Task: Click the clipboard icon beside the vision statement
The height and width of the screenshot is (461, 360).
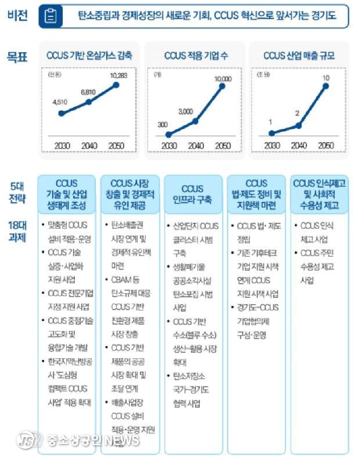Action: [x=51, y=17]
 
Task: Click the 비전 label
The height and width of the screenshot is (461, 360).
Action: [x=17, y=16]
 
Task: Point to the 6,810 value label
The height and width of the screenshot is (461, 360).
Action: [x=88, y=92]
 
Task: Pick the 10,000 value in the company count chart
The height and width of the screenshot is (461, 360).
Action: [x=222, y=78]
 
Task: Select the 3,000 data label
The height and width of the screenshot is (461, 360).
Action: [x=186, y=111]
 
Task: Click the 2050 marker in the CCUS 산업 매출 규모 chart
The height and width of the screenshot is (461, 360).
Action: [x=326, y=86]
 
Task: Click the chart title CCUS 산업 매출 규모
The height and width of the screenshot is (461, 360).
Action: [x=298, y=56]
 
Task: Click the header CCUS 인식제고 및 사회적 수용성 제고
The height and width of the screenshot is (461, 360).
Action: [x=320, y=195]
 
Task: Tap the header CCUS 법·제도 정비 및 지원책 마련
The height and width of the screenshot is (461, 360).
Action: [x=256, y=195]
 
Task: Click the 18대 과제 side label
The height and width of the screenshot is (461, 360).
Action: [x=17, y=230]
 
